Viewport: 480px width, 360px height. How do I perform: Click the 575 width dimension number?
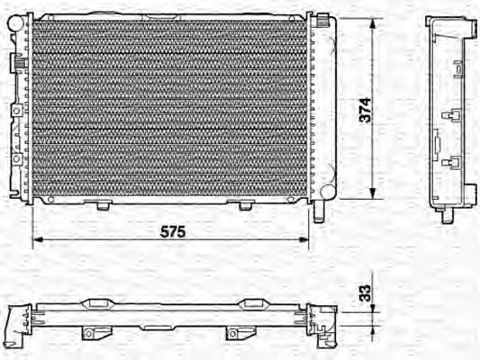[173, 231]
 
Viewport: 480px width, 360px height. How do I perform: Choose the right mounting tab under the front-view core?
[245, 205]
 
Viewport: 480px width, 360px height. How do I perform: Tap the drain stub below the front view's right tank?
[319, 212]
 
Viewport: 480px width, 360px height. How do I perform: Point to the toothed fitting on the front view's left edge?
[17, 63]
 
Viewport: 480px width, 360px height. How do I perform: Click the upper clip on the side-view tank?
[453, 114]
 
